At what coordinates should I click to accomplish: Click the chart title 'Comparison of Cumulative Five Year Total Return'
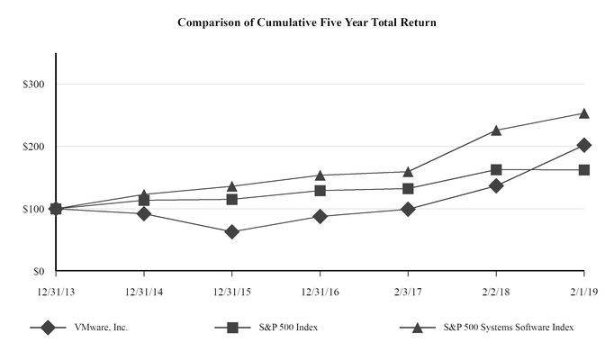point(307,22)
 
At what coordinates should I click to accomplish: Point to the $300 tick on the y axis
point(36,84)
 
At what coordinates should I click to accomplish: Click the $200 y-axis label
point(36,146)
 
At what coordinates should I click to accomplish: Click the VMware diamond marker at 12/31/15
point(232,232)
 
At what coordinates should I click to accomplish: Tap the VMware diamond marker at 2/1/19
point(584,145)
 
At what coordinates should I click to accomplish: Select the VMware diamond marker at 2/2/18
point(496,185)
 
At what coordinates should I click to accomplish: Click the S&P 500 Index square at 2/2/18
point(496,169)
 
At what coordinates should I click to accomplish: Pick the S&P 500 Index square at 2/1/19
point(584,170)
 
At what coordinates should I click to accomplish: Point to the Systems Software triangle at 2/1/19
point(584,113)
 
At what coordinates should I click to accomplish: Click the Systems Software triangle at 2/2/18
point(496,130)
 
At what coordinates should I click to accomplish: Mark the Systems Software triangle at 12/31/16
point(320,175)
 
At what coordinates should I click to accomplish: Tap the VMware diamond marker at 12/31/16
point(320,216)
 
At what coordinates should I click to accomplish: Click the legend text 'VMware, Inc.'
point(102,328)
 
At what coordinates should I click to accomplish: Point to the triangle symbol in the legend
point(418,328)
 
